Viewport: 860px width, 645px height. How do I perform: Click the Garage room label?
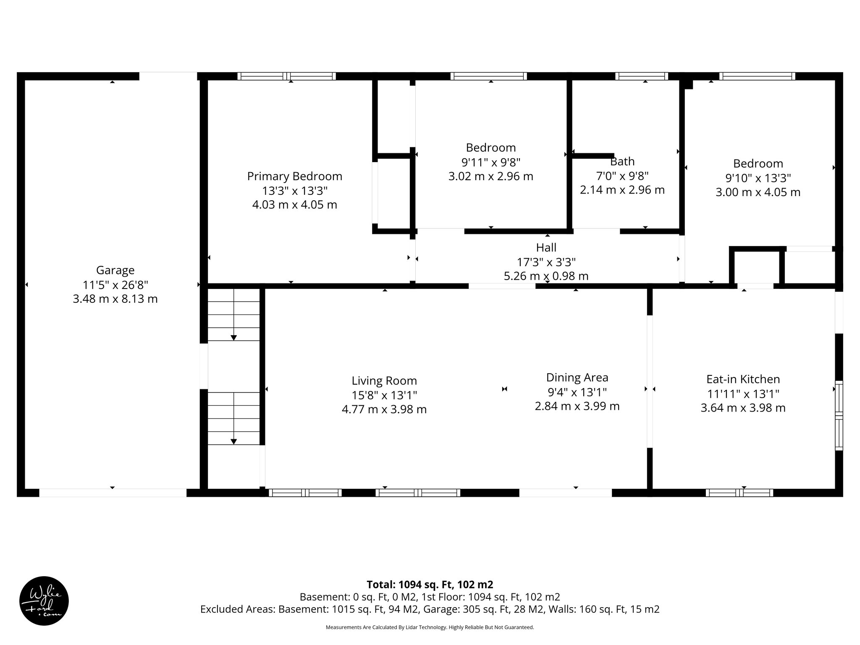pos(115,270)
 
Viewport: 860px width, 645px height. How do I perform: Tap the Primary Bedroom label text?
pos(294,176)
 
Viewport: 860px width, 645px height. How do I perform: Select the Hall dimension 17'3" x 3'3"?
pos(546,262)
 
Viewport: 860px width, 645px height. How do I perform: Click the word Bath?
pos(622,161)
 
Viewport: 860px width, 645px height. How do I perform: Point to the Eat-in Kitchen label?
pos(743,379)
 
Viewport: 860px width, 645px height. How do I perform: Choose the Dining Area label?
pos(577,378)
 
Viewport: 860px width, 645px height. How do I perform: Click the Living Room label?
pos(384,381)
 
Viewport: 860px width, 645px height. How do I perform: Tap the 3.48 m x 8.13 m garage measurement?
pos(115,299)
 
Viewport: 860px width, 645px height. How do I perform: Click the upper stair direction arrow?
pos(233,337)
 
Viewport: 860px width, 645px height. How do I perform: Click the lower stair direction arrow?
pos(233,441)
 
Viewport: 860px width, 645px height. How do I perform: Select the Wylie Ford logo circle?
pos(44,601)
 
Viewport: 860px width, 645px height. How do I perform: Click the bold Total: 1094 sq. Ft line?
pos(430,585)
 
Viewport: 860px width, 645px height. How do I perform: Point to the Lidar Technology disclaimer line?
pos(430,627)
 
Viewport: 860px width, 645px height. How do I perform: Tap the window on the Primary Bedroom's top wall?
pos(286,76)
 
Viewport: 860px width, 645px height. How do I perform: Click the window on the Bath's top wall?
pos(641,76)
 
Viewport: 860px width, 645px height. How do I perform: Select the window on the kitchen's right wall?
pos(839,415)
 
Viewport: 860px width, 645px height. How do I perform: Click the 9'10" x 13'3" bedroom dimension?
pos(758,178)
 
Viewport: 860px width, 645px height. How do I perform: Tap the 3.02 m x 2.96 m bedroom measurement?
pos(490,176)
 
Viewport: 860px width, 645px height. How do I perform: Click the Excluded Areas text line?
pos(430,609)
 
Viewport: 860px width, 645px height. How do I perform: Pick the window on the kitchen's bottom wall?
pos(739,493)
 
